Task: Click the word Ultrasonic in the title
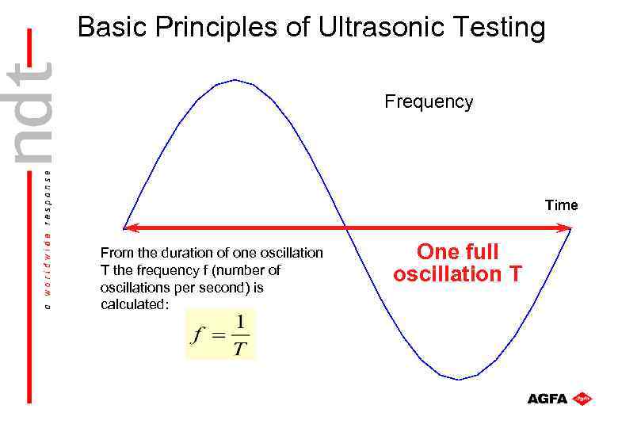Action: click(380, 29)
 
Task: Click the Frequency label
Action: click(429, 102)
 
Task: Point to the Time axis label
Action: click(561, 205)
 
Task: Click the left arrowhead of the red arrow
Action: click(131, 228)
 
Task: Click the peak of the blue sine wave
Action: click(235, 80)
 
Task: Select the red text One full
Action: click(457, 252)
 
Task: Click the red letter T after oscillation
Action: click(515, 274)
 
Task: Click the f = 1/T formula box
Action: click(221, 334)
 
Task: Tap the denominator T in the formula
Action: click(240, 348)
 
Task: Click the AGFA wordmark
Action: click(547, 399)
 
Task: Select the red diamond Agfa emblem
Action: click(583, 398)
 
